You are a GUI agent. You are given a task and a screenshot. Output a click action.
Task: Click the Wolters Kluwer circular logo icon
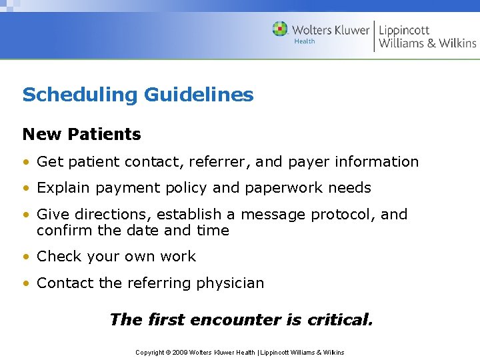pos(280,29)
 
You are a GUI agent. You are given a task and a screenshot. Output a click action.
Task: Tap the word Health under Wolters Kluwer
pos(305,41)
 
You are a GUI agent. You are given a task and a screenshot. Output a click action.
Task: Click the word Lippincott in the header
pos(404,30)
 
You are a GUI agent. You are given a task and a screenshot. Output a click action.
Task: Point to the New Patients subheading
pos(82,134)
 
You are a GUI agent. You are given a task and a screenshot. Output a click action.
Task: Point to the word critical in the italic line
pos(340,320)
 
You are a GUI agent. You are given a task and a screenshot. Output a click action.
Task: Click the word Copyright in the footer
pos(150,352)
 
